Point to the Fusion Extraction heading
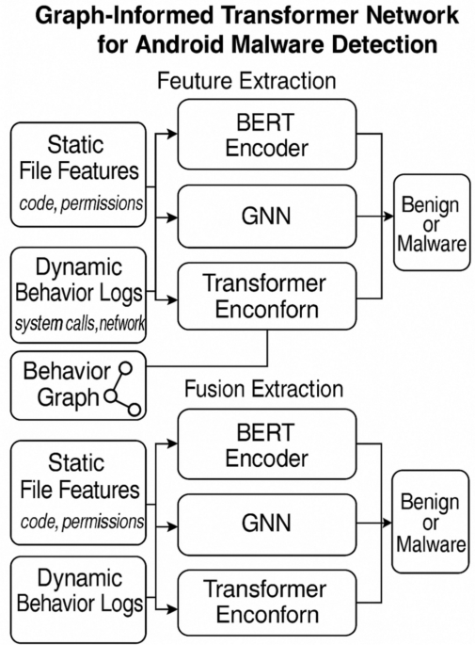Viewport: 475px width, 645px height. [x=262, y=387]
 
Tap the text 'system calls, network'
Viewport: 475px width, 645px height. [x=78, y=325]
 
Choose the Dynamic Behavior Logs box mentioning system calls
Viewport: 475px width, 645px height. [x=78, y=293]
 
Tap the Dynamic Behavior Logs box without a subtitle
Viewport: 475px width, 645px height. [x=78, y=590]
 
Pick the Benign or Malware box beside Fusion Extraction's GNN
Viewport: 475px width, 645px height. [x=431, y=521]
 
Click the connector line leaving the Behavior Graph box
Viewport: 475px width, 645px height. [x=216, y=364]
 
